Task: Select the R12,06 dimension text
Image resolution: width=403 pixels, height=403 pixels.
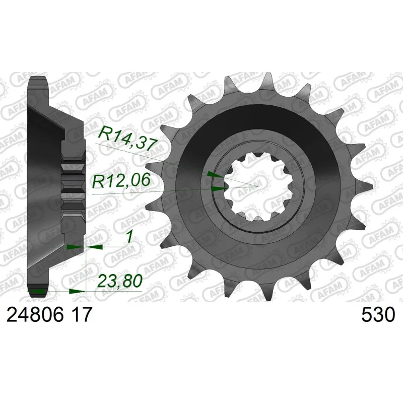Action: pyautogui.click(x=121, y=180)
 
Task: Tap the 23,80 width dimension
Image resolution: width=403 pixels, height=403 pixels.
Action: pyautogui.click(x=120, y=281)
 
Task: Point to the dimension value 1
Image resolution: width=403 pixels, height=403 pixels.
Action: pyautogui.click(x=129, y=236)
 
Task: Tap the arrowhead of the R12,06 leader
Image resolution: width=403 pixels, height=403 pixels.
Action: pyautogui.click(x=219, y=188)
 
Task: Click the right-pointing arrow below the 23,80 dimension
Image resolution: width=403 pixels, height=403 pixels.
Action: pyautogui.click(x=77, y=292)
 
